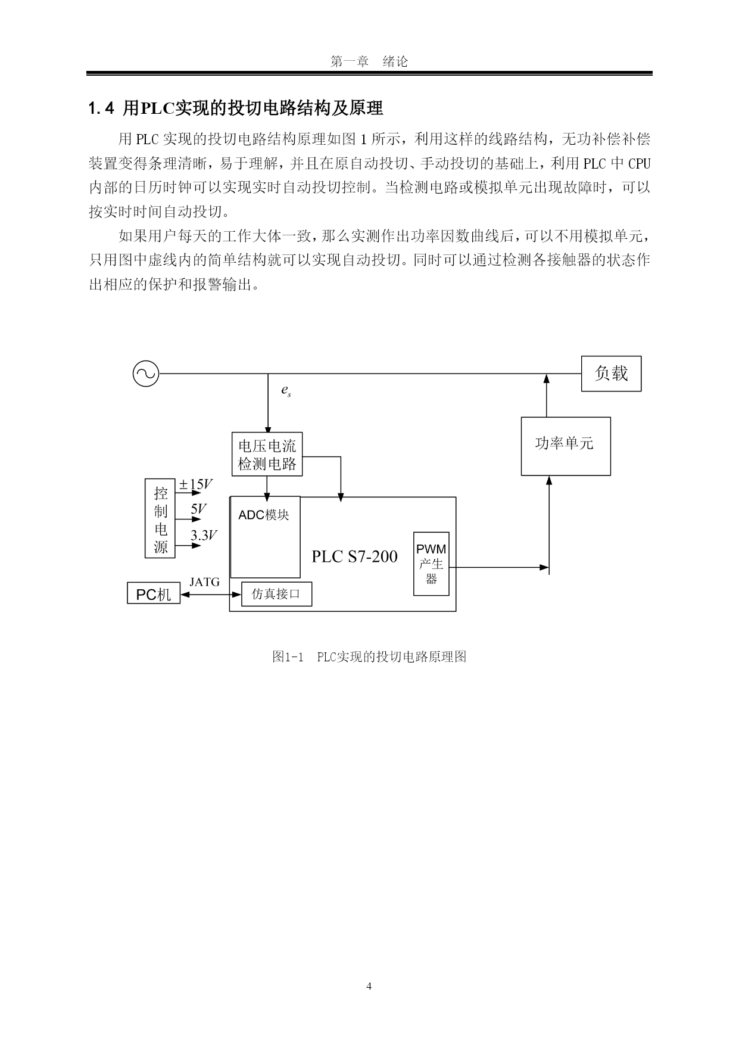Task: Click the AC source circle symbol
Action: (145, 374)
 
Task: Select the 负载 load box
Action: (611, 374)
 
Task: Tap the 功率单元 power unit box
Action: (566, 446)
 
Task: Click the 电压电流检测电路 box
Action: (267, 454)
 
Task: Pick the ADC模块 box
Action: (265, 537)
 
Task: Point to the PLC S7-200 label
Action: (354, 556)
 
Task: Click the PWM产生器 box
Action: (431, 564)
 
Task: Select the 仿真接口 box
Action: (276, 594)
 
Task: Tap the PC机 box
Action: (154, 594)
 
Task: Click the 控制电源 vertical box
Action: (160, 518)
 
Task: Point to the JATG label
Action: (204, 582)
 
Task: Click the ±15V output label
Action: (196, 484)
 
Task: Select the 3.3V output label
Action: (204, 536)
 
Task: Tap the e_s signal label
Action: (286, 391)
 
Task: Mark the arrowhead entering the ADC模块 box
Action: (267, 498)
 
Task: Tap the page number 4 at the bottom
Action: (369, 987)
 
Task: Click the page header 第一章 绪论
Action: (369, 61)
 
